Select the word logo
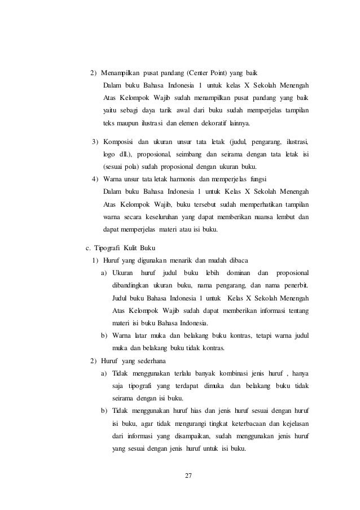tap(110, 153)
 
